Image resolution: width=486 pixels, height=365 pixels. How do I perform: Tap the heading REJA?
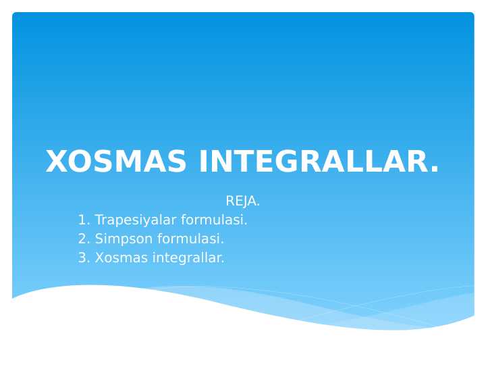242,201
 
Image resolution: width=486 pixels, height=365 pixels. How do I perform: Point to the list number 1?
82,220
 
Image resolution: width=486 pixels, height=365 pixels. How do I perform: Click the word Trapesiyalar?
135,220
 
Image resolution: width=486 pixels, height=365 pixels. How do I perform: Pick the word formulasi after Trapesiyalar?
213,220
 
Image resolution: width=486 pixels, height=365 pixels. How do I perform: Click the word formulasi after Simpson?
190,239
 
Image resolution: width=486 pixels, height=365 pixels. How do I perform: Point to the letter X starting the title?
57,162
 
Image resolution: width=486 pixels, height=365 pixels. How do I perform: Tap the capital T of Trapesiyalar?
99,220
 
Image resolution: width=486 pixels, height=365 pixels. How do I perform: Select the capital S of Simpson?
99,239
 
